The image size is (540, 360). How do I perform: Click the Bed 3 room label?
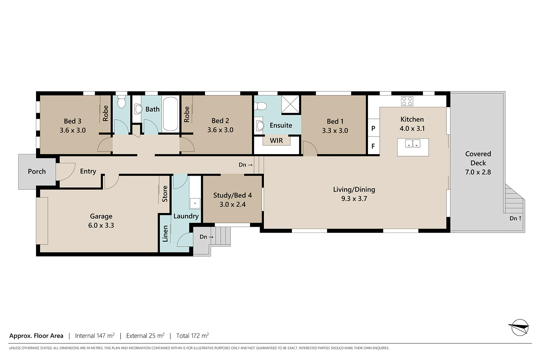point(73,121)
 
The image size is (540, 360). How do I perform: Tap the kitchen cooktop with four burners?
point(407,101)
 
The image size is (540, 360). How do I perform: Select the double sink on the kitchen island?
point(413,144)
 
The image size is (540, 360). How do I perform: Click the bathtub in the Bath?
point(170,114)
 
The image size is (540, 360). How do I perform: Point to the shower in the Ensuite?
point(291,104)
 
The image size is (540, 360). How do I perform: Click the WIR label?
point(276,141)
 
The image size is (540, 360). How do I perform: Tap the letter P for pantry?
point(373,129)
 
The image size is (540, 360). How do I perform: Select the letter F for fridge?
point(373,146)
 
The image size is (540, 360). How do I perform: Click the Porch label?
point(37,172)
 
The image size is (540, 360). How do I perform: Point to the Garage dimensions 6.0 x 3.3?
point(101,226)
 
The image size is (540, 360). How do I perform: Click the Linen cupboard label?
point(165,234)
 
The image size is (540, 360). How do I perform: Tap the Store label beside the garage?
point(165,194)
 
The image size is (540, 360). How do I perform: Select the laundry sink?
point(195,203)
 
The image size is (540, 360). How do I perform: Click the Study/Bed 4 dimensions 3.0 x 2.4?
point(233,204)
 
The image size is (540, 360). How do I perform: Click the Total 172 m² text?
point(192,336)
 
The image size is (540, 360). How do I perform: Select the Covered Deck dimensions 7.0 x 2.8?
point(478,172)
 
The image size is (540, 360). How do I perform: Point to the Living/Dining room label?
point(354,190)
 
